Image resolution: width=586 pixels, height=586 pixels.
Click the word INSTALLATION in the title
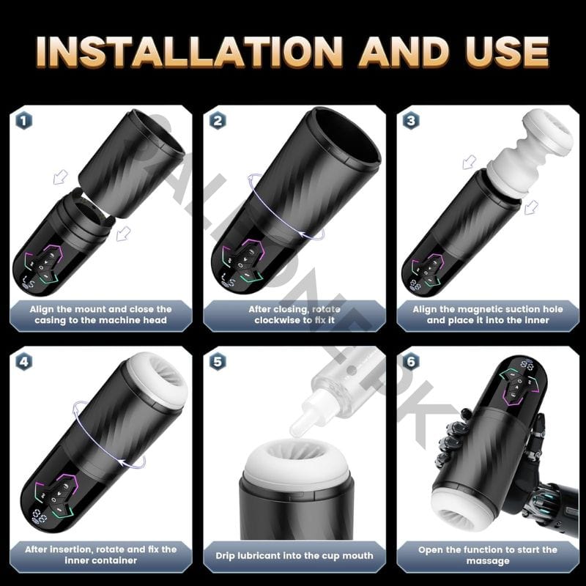pyautogui.click(x=190, y=52)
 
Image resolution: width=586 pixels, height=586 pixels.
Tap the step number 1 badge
pyautogui.click(x=24, y=121)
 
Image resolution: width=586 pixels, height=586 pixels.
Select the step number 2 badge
pyautogui.click(x=218, y=121)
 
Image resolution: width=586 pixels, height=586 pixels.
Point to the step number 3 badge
pyautogui.click(x=411, y=121)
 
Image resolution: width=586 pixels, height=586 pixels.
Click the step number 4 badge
pyautogui.click(x=24, y=361)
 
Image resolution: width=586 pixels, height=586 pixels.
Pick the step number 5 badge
pyautogui.click(x=218, y=361)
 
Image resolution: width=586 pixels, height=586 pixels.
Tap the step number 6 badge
pyautogui.click(x=411, y=361)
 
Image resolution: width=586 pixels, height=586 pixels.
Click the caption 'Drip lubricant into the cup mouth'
pyautogui.click(x=294, y=556)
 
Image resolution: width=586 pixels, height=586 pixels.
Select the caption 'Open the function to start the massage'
pyautogui.click(x=488, y=555)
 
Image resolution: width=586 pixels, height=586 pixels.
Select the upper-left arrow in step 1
pyautogui.click(x=60, y=177)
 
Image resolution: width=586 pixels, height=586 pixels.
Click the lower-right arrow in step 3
pyautogui.click(x=531, y=207)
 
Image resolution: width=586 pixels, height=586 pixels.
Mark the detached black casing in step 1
pyautogui.click(x=131, y=163)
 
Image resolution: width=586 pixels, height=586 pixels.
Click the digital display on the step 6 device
pyautogui.click(x=527, y=365)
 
